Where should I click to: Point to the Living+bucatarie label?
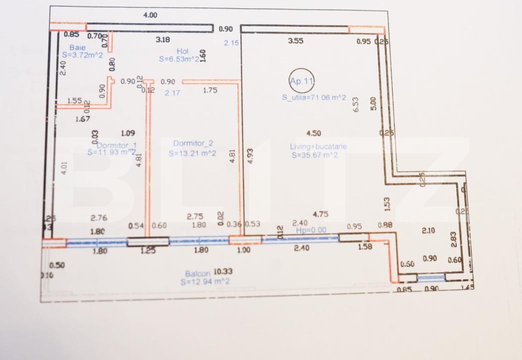[x=318, y=146]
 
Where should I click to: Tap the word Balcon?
[x=197, y=273]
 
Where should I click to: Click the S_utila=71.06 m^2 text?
[x=313, y=97]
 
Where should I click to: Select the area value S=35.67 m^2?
[x=315, y=155]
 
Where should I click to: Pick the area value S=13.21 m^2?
[x=192, y=153]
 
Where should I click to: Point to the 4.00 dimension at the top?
[x=150, y=15]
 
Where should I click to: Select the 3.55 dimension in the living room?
[x=296, y=41]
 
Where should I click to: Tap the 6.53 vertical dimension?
[x=356, y=104]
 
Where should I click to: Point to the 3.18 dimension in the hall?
[x=163, y=39]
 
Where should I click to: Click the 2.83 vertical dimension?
[x=453, y=239]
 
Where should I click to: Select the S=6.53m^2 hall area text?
[x=179, y=59]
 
